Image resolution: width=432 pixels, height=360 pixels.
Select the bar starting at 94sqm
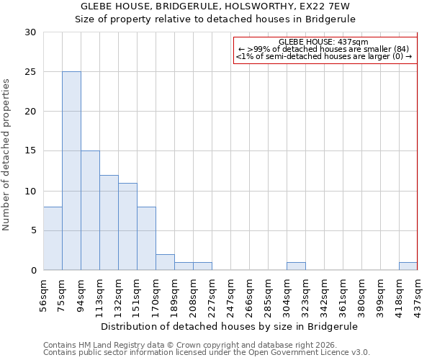tap(90, 210)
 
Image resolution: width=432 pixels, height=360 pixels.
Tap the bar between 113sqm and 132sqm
tap(109, 222)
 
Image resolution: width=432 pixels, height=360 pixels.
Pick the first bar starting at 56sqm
tap(53, 238)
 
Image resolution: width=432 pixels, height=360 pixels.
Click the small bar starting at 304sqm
tap(296, 266)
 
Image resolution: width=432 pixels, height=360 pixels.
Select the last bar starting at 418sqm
tap(408, 266)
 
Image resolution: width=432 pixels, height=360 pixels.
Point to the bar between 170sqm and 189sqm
tap(165, 263)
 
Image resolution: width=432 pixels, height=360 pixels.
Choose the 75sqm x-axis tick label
tap(63, 294)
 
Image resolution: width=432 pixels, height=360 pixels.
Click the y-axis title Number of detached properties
tap(7, 155)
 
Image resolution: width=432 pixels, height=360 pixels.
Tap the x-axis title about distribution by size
tap(229, 326)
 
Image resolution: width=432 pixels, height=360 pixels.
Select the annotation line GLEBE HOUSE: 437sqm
tap(323, 42)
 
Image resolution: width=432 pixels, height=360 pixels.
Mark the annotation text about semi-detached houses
tap(323, 56)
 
